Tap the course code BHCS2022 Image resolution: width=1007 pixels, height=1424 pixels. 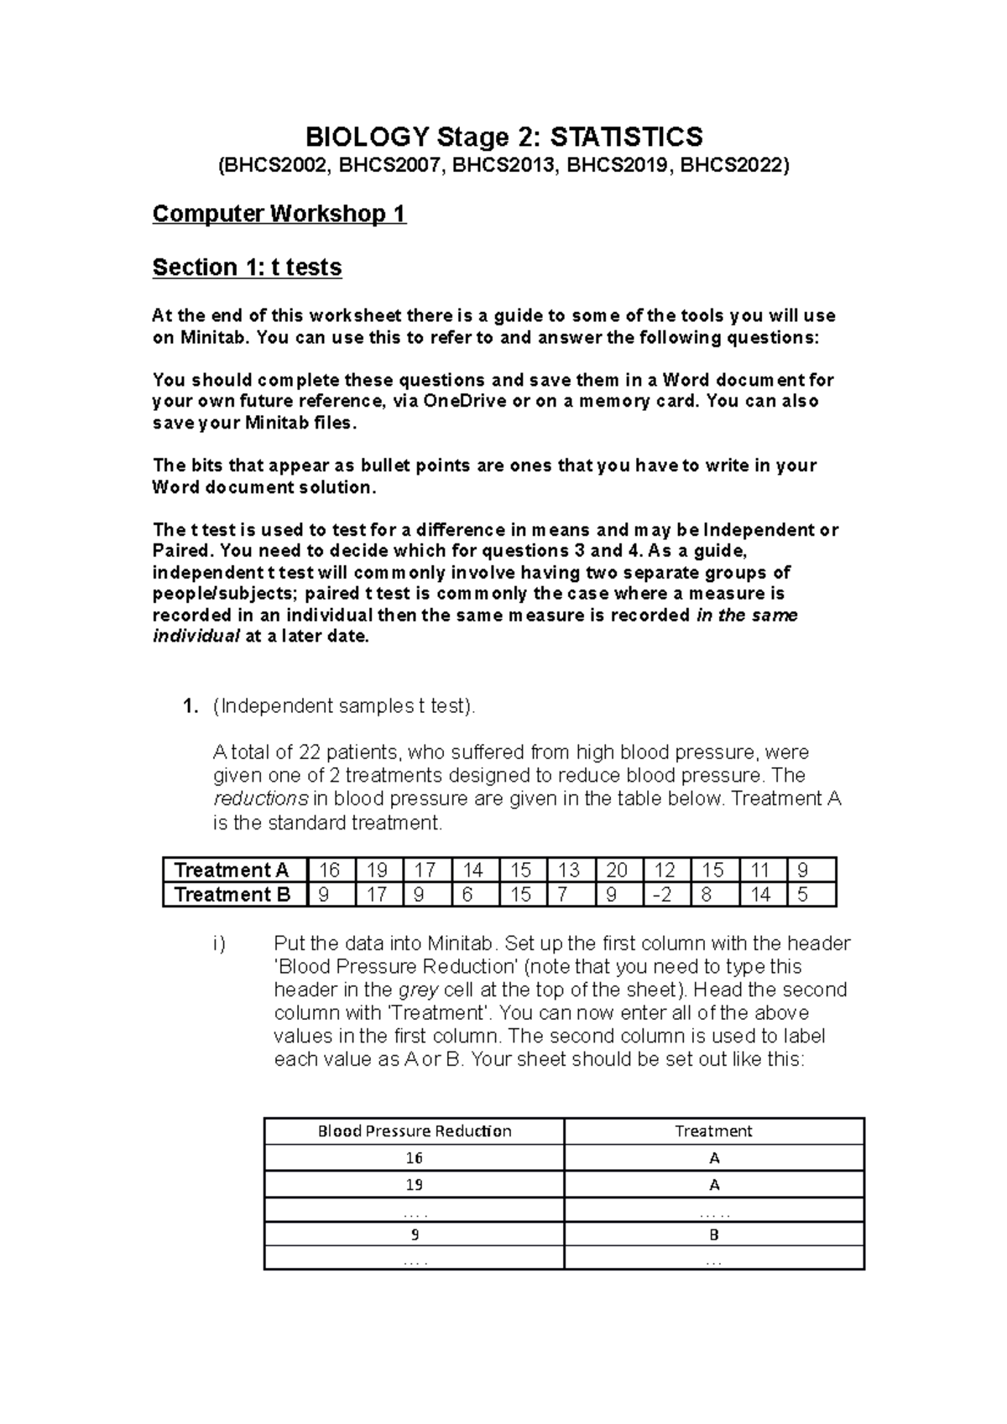[x=733, y=166]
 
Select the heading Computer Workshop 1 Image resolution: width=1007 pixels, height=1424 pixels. [x=279, y=215]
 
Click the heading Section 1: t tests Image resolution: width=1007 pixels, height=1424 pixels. [x=247, y=268]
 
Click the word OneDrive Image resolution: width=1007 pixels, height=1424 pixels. [x=465, y=401]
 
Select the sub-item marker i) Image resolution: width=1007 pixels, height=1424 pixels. [x=219, y=944]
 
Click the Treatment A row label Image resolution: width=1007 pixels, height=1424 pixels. [x=232, y=870]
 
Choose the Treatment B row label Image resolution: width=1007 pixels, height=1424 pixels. [x=232, y=895]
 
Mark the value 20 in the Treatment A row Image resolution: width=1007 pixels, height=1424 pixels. [x=617, y=870]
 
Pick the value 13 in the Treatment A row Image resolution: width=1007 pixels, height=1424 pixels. [x=568, y=870]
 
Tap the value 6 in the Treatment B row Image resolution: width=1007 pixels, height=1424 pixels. [x=467, y=895]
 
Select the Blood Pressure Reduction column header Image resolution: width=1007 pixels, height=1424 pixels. [x=415, y=1131]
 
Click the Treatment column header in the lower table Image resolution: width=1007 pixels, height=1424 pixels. [x=713, y=1131]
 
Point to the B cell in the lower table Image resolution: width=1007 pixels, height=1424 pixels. [x=714, y=1234]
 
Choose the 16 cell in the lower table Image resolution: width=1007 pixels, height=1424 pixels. [x=415, y=1158]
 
